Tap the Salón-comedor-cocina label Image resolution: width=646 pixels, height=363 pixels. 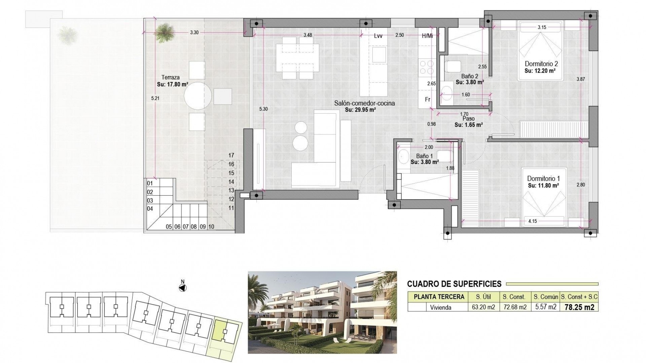(x=364, y=104)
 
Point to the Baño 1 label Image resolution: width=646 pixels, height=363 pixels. (x=424, y=156)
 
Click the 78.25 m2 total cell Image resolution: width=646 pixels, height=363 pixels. (x=579, y=307)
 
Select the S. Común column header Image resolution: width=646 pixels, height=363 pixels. (x=545, y=297)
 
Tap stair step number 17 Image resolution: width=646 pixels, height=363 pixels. (x=231, y=155)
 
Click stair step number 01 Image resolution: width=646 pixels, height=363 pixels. (x=150, y=183)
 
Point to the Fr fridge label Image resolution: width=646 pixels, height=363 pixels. (x=428, y=99)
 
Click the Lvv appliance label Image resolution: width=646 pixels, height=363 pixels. (x=378, y=36)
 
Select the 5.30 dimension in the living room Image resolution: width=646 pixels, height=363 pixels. (x=263, y=109)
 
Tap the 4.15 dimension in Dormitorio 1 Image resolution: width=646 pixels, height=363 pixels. (x=532, y=221)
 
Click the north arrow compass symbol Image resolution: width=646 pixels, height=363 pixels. (x=183, y=288)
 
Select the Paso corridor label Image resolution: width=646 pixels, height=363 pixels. (x=469, y=119)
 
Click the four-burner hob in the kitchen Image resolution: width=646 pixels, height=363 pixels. (x=426, y=67)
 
